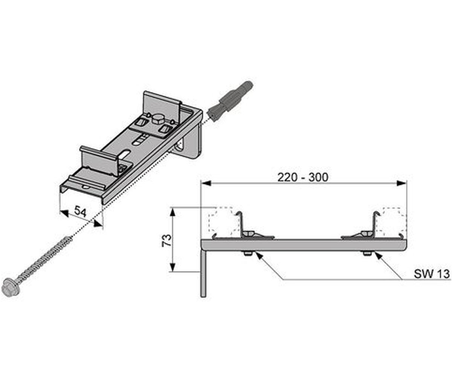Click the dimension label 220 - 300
(x=303, y=177)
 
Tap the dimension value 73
(x=167, y=240)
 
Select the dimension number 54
(x=80, y=211)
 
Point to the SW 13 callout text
(x=432, y=274)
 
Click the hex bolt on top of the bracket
(x=157, y=119)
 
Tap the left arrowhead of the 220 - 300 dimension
(x=206, y=183)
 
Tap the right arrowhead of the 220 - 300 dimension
(x=402, y=183)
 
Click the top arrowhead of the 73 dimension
(x=172, y=212)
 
